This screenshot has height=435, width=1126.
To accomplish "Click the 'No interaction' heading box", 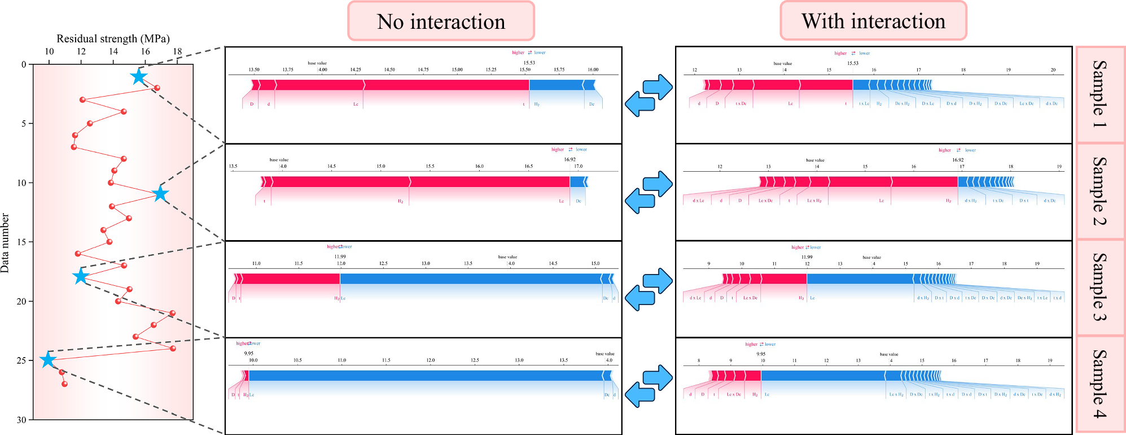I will tap(441, 21).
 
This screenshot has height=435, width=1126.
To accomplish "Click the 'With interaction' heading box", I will tap(873, 21).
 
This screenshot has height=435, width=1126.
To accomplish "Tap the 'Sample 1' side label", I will tap(1099, 94).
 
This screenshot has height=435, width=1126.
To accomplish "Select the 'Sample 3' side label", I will tap(1099, 288).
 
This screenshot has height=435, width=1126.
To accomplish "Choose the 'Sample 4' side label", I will tap(1099, 384).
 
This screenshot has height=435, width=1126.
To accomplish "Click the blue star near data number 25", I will tap(48, 360).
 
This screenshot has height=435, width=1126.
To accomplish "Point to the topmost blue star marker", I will tap(138, 76).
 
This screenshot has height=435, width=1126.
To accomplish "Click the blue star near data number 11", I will tap(161, 194).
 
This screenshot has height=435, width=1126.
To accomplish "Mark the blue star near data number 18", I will tap(81, 276).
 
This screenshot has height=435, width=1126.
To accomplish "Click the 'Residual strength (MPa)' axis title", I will tap(113, 38).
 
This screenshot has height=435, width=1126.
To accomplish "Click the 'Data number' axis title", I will tap(5, 243).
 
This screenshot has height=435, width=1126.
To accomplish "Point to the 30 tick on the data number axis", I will tap(21, 420).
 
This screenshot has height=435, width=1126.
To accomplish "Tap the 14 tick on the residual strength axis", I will tap(113, 51).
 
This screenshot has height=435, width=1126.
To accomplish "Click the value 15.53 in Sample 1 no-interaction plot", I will tap(529, 63).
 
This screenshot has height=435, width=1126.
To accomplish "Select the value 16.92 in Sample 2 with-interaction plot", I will tap(958, 160).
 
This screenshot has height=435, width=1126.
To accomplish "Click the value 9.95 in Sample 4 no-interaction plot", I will tap(248, 353).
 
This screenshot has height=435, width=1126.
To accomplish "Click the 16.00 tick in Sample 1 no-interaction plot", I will tap(593, 69).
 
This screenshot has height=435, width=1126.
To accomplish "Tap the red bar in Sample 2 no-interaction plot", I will tap(418, 182).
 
